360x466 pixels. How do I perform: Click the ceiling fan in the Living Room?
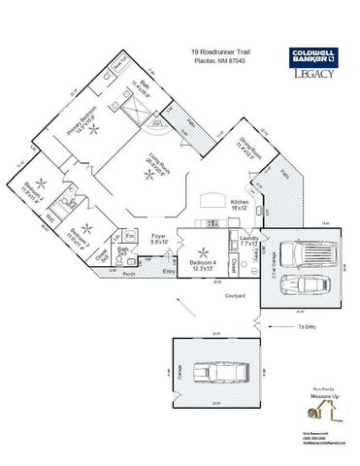[148, 174]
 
